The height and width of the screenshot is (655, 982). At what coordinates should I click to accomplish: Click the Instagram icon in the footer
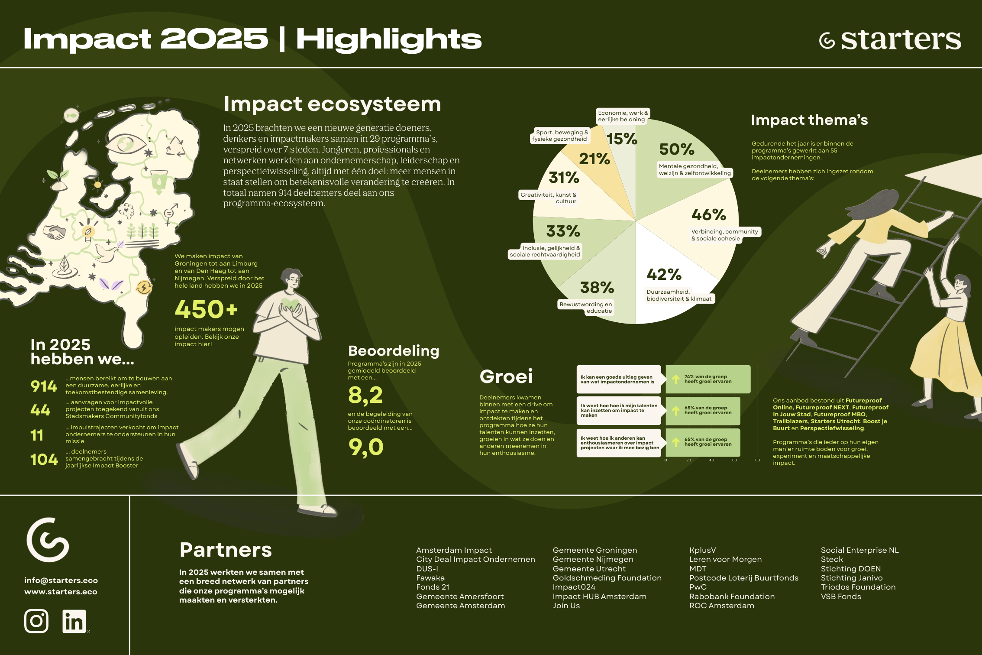(x=36, y=621)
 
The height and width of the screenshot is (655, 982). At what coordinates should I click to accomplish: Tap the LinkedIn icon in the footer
(x=74, y=621)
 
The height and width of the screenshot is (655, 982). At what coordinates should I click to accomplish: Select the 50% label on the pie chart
(x=677, y=149)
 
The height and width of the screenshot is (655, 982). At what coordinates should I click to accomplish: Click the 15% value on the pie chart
(x=622, y=139)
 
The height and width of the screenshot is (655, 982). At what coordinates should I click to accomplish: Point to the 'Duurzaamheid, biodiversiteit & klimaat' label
(x=679, y=295)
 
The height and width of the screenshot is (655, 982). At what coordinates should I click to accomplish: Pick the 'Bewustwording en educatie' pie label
(x=586, y=308)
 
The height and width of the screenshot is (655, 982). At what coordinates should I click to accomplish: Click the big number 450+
(x=207, y=309)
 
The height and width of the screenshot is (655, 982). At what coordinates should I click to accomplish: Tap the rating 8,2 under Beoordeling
(x=365, y=395)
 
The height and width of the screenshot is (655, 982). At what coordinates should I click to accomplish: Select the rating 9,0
(x=366, y=447)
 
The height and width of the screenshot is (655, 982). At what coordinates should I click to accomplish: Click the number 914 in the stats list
(x=44, y=386)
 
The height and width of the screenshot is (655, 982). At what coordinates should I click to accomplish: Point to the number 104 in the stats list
(x=44, y=459)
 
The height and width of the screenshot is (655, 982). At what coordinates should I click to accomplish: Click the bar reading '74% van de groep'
(x=708, y=379)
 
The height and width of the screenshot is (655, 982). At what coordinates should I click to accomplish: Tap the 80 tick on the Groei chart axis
(x=757, y=460)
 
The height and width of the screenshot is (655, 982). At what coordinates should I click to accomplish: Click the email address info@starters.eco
(x=61, y=580)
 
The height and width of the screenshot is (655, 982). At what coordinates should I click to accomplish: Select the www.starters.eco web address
(x=61, y=591)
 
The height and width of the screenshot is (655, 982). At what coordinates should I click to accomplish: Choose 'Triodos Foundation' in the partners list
(x=858, y=587)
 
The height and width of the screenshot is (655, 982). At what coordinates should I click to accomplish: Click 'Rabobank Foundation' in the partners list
(x=732, y=597)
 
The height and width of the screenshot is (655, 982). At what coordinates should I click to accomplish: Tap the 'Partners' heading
(x=226, y=550)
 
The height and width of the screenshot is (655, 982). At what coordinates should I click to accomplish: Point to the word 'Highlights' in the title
(x=389, y=39)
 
